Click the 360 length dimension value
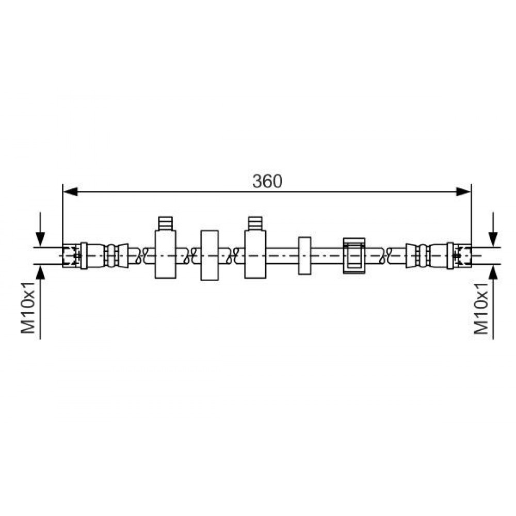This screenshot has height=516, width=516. (x=267, y=181)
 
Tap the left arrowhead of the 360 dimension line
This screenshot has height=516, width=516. (x=70, y=191)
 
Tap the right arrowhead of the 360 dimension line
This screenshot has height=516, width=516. (x=464, y=191)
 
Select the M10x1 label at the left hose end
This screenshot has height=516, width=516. (x=28, y=308)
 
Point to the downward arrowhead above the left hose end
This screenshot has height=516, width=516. (x=40, y=238)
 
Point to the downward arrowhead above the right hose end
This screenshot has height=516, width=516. (x=493, y=238)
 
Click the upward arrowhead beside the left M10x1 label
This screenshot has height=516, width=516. (x=40, y=272)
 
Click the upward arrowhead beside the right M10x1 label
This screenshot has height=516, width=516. (x=493, y=272)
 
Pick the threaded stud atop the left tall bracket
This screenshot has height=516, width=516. (x=165, y=223)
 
